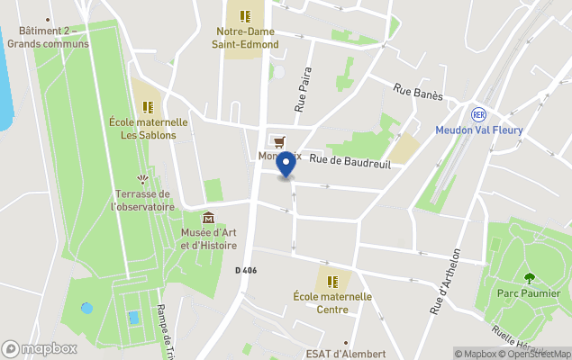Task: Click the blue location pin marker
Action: coord(286,165)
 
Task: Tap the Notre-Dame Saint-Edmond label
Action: coord(245,38)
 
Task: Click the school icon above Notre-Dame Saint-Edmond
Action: coord(245,15)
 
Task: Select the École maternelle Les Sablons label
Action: coord(148,129)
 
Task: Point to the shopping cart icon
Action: coord(279,141)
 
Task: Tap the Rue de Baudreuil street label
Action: coord(350,160)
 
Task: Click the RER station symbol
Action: coord(479,114)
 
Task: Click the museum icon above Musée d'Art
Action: coord(209,218)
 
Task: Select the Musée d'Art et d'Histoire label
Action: coord(209,238)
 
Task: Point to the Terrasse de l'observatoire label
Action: coord(142,200)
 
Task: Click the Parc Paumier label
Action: coord(529,293)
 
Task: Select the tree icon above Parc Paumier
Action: coord(529,277)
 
